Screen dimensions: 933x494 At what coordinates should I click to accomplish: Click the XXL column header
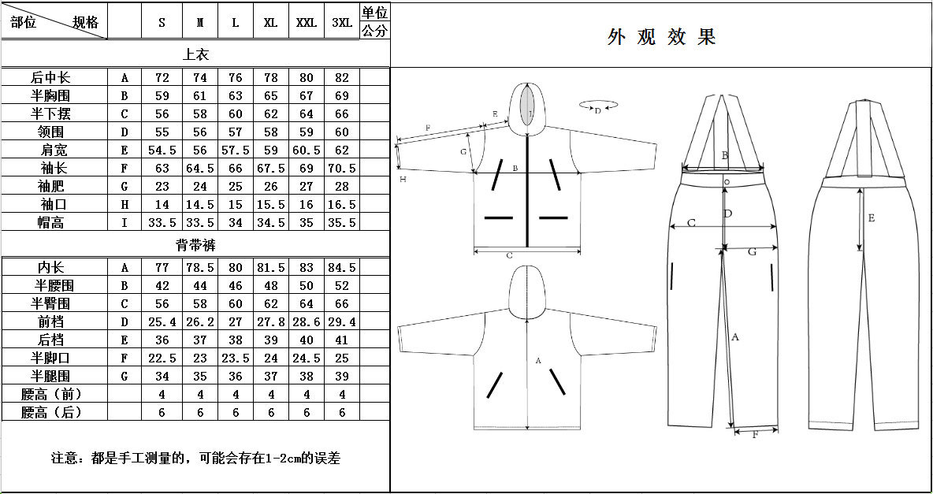[307, 23]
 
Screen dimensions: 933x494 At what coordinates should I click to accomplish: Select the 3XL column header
[342, 23]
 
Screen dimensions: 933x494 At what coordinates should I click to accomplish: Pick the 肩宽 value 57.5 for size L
[236, 150]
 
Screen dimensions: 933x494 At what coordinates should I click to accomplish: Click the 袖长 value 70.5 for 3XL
[342, 169]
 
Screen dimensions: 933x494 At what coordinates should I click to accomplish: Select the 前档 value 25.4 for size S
[162, 322]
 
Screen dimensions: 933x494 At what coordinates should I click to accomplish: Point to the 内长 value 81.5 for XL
[271, 268]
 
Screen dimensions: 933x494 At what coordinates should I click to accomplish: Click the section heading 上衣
[195, 54]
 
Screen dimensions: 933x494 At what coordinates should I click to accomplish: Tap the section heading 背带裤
[195, 245]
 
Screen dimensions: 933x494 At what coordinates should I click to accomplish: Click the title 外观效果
[661, 37]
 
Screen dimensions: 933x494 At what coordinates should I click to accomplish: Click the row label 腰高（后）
[51, 413]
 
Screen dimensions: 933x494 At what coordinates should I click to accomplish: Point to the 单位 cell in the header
[375, 13]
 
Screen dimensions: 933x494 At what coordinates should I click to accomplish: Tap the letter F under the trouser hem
[755, 435]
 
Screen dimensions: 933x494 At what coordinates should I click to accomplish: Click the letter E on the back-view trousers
[871, 218]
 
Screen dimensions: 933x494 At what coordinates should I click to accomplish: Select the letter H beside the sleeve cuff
[403, 179]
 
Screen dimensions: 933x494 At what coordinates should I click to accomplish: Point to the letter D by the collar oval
[597, 110]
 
